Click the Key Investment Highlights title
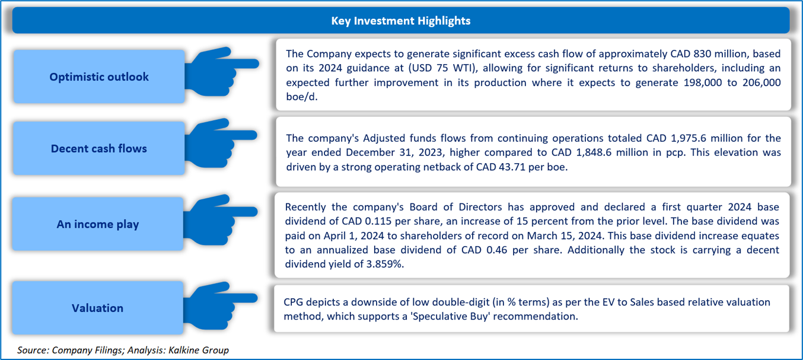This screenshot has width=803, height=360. [400, 21]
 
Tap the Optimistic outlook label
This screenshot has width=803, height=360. [99, 77]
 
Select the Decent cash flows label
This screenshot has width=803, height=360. [99, 148]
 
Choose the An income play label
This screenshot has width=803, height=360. [97, 224]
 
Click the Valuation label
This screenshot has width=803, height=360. [97, 308]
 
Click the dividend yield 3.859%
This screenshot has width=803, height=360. [385, 265]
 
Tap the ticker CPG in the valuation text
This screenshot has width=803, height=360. [293, 302]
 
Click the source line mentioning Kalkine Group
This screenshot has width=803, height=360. [123, 350]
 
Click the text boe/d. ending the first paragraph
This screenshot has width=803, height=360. [302, 97]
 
